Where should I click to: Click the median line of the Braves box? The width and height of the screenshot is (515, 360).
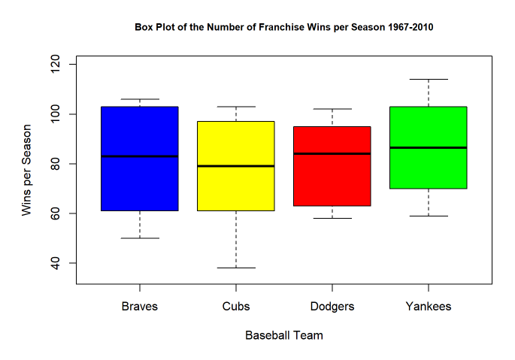[x=140, y=156]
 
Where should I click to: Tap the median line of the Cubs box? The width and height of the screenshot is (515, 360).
[x=236, y=166]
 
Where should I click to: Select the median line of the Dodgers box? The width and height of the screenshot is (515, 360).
[x=332, y=153]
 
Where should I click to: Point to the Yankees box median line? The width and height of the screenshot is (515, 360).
[x=429, y=147]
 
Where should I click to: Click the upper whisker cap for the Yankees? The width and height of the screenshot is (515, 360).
[x=429, y=79]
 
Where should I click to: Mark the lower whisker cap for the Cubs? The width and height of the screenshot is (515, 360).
[x=236, y=268]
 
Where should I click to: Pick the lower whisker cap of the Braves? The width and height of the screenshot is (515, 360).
[x=140, y=238]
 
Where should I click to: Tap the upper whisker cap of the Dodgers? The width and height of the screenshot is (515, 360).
[x=332, y=109]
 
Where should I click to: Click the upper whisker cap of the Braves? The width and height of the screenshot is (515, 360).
[x=140, y=99]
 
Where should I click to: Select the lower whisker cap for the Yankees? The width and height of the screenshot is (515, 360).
[x=429, y=216]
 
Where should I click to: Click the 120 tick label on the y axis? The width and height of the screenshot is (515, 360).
[x=55, y=65]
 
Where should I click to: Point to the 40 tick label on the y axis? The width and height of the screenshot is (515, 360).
[x=55, y=263]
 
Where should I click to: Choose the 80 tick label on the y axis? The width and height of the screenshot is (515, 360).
[x=55, y=164]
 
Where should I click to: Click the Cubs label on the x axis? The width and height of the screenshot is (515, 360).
[x=236, y=307]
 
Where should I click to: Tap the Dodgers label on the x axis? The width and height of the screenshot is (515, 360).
[x=332, y=307]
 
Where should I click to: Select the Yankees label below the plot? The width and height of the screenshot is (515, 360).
[x=429, y=307]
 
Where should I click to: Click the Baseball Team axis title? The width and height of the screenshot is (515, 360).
[x=284, y=335]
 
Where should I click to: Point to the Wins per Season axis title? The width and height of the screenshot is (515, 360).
[x=26, y=170]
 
